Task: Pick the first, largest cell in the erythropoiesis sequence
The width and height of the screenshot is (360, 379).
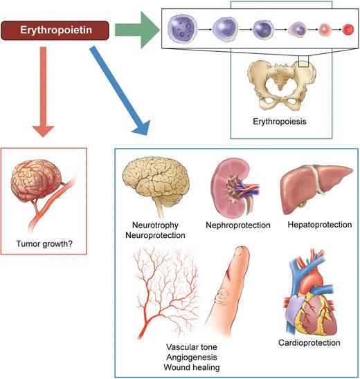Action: [x=183, y=30]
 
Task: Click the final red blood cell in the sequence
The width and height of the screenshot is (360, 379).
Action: [x=348, y=31]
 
